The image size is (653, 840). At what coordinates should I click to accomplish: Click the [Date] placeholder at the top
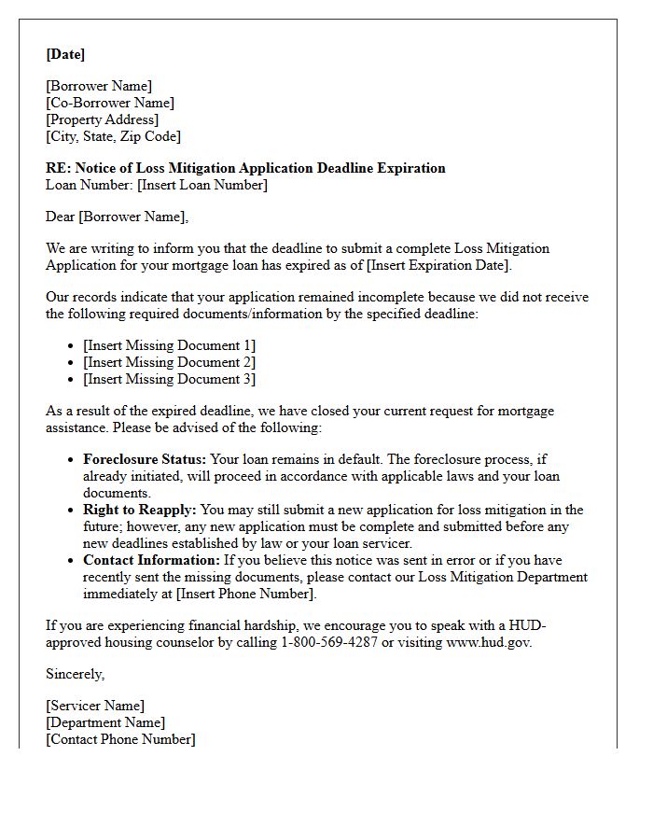tap(65, 54)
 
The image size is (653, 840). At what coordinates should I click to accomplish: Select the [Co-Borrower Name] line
tap(110, 103)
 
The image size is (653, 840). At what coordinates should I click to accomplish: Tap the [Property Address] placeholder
tap(103, 119)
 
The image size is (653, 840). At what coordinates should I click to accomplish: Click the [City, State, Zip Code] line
tap(114, 136)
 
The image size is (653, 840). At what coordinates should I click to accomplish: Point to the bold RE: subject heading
tap(245, 168)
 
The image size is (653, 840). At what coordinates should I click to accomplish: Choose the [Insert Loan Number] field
tap(202, 185)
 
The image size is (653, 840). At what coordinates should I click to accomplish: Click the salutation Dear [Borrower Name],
tap(118, 217)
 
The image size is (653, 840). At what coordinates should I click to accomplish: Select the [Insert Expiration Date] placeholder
tap(438, 265)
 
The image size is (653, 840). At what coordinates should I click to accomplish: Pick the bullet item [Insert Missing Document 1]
tap(169, 345)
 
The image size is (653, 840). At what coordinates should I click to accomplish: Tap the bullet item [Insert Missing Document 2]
tap(169, 362)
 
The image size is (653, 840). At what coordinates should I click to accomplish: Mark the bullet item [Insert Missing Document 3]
tap(169, 379)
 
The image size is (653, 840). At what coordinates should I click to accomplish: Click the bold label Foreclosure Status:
tap(145, 459)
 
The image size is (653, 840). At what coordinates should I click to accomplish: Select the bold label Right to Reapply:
tap(140, 510)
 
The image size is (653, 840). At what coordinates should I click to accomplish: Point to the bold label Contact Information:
tap(152, 560)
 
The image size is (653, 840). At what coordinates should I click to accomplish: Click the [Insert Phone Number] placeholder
tap(245, 594)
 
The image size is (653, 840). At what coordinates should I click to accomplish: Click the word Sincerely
tap(75, 673)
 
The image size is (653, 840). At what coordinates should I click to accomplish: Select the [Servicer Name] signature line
tap(95, 706)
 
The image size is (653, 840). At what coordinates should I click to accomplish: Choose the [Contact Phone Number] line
tap(121, 739)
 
